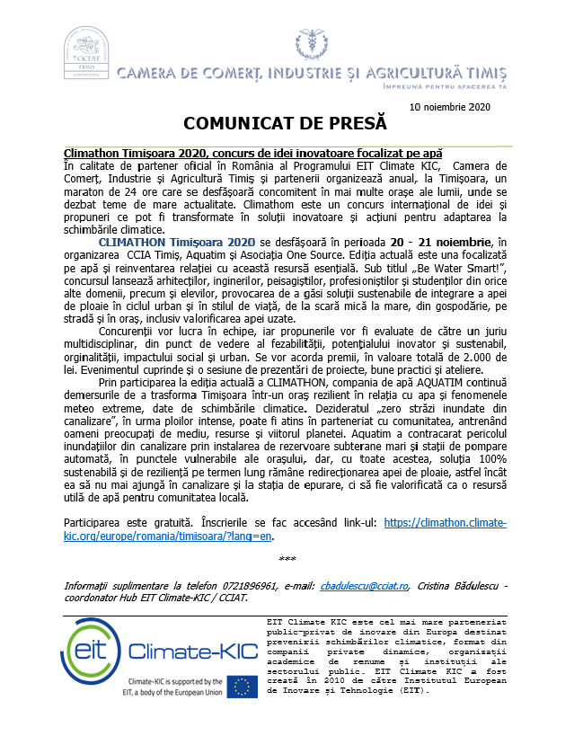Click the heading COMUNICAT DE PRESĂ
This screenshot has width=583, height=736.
pyautogui.click(x=285, y=122)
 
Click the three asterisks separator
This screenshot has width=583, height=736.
pyautogui.click(x=287, y=559)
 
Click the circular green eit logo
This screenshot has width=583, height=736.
pyautogui.click(x=93, y=650)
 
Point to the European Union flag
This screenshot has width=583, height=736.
pyautogui.click(x=240, y=687)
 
